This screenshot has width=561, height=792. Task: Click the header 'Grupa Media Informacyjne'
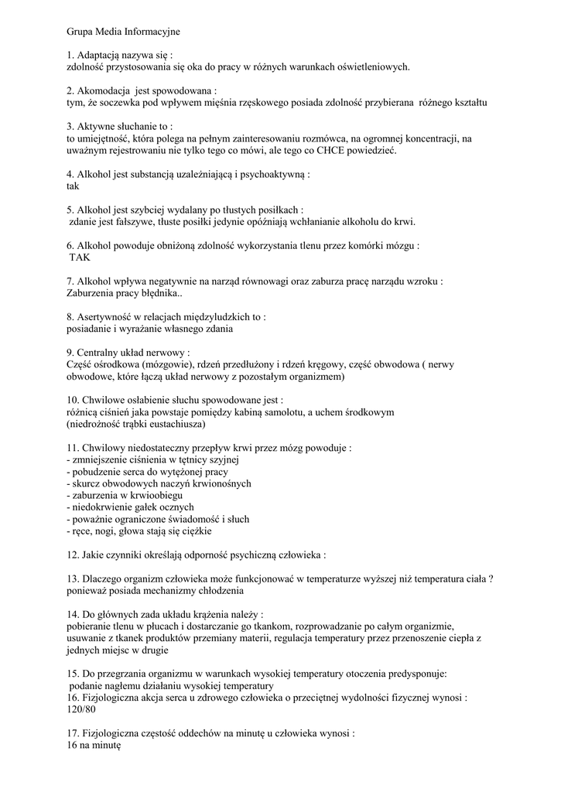pos(123,32)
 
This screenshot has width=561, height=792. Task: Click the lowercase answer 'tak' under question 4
pos(74,186)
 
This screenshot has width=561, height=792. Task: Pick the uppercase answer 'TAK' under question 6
pos(80,257)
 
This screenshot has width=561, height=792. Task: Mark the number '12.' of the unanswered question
pos(74,555)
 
